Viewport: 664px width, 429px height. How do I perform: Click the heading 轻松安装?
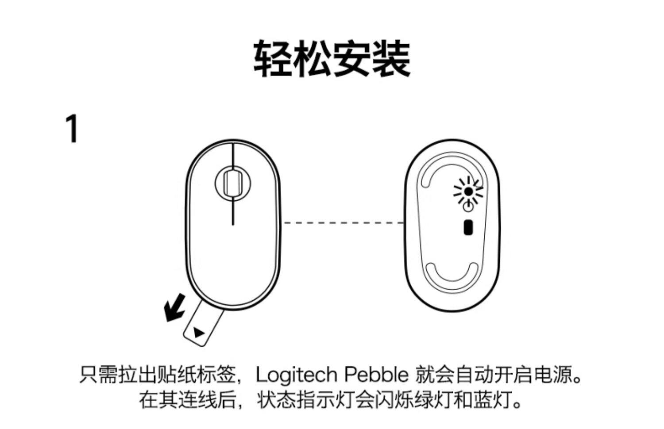click(332, 59)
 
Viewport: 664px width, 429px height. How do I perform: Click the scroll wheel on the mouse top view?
click(232, 182)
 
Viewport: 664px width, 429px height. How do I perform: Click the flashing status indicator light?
click(468, 191)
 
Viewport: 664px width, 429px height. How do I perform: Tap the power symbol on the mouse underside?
click(468, 207)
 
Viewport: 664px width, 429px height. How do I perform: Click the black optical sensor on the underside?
click(468, 227)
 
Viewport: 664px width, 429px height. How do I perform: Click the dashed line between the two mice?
click(343, 222)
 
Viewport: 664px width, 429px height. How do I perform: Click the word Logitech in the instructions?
click(296, 375)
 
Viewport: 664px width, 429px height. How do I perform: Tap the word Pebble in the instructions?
click(376, 375)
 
